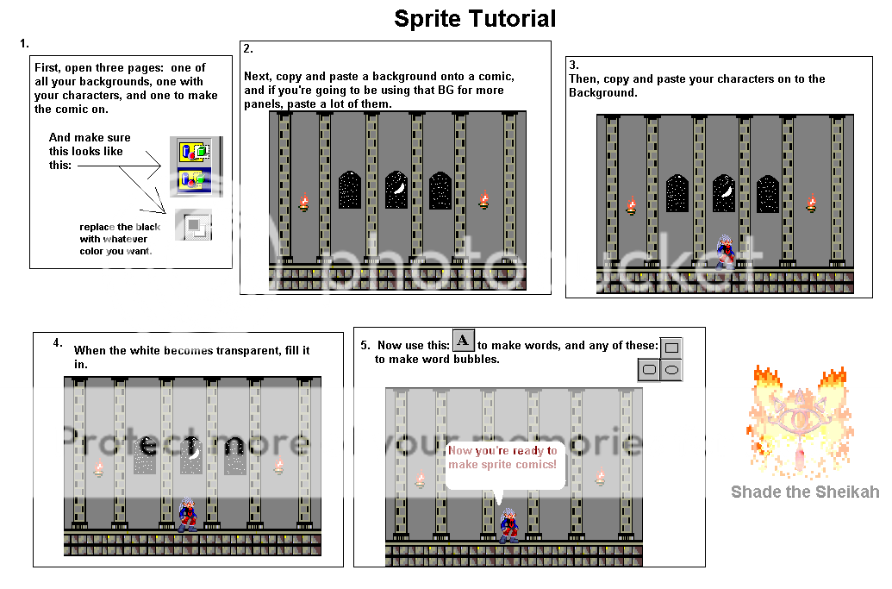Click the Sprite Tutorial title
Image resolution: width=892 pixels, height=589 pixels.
coord(475,18)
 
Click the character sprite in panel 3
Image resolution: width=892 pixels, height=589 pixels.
coord(726,252)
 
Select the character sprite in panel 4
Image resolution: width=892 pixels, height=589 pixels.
coord(186,514)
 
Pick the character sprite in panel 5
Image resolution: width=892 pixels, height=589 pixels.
coord(508,525)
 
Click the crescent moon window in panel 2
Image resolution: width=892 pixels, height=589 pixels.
coord(396,189)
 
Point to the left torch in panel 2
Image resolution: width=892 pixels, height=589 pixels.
coord(303,203)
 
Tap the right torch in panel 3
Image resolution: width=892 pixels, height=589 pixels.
coord(811,204)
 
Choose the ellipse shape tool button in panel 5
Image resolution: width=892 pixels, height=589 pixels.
coord(672,370)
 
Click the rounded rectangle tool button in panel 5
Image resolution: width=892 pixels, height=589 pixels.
coord(649,370)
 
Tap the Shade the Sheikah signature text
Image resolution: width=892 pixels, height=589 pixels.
coord(805,492)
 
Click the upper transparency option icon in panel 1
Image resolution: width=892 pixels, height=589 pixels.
coord(192,152)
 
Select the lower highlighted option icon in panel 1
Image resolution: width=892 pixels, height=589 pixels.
coord(192,179)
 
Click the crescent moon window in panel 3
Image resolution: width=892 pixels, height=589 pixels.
coord(724,193)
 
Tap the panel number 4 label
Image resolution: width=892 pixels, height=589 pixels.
coord(58,342)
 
